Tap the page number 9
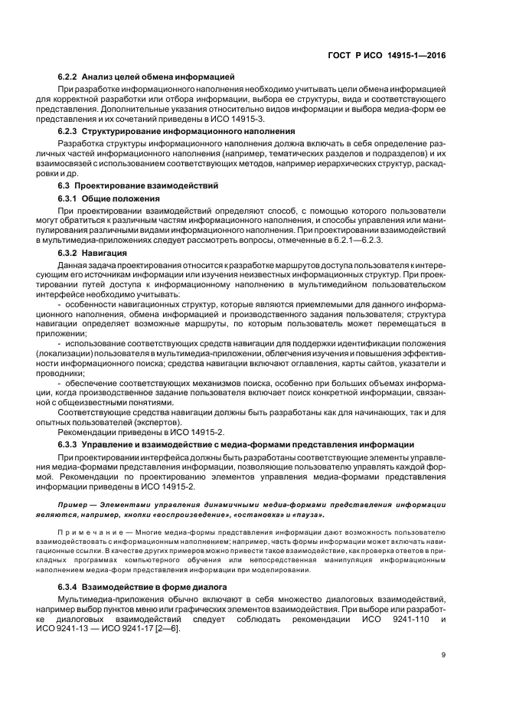pyautogui.click(x=443, y=654)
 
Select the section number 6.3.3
pyautogui.click(x=68, y=445)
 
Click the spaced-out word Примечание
pyautogui.click(x=87, y=531)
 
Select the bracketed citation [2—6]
pyautogui.click(x=165, y=628)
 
